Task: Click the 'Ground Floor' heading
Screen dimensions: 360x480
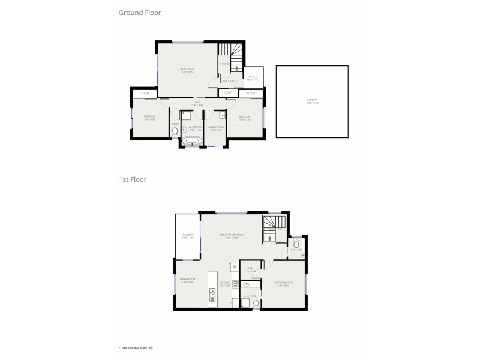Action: [x=140, y=12]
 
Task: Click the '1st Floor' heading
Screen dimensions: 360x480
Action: [x=132, y=179]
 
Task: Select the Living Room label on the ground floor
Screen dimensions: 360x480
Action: [x=187, y=70]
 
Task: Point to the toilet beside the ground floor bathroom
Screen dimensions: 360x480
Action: [x=175, y=131]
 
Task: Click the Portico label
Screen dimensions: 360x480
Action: [x=252, y=78]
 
